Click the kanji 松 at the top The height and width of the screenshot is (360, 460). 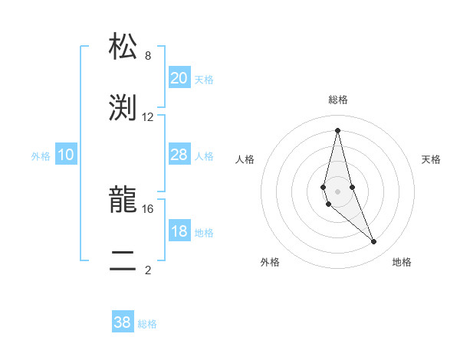click(x=124, y=47)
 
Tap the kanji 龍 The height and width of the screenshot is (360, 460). click(x=124, y=200)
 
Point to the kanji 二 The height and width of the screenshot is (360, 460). click(x=124, y=260)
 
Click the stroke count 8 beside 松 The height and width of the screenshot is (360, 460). click(x=148, y=56)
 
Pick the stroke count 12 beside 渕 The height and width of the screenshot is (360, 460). click(x=148, y=116)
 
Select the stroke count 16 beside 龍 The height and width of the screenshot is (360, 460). click(x=148, y=208)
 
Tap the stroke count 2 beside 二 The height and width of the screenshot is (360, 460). click(x=148, y=270)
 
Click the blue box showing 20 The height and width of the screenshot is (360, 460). click(x=179, y=78)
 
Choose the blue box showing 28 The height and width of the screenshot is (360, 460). click(x=179, y=155)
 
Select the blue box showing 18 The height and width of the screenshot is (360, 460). click(x=179, y=231)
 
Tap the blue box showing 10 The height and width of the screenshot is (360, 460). click(x=66, y=155)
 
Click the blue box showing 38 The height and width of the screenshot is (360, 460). click(x=123, y=322)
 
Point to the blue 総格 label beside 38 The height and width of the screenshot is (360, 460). click(x=147, y=324)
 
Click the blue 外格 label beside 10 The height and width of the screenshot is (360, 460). click(x=41, y=156)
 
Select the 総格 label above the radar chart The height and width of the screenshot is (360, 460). click(x=337, y=100)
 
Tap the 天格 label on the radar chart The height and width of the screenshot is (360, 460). click(x=431, y=159)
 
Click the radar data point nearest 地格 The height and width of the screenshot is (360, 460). click(x=374, y=242)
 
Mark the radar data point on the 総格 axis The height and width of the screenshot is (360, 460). click(x=337, y=129)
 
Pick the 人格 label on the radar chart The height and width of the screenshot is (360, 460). click(x=245, y=159)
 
